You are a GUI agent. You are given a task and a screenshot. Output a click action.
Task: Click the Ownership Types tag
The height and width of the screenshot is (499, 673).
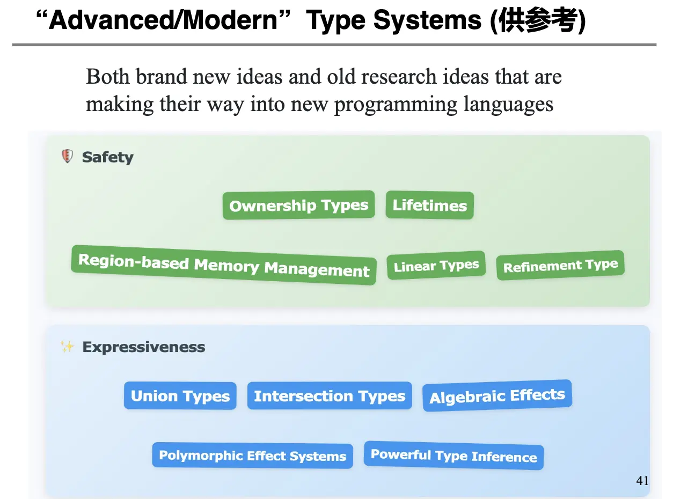click(298, 205)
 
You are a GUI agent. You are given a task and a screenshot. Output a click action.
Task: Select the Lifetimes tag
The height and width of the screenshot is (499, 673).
click(430, 205)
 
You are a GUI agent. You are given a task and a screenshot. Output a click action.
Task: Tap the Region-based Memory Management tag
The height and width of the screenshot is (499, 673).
click(224, 265)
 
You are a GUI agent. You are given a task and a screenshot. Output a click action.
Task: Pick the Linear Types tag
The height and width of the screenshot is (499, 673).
click(436, 265)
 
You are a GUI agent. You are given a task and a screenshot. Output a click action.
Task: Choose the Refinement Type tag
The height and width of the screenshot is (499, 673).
click(560, 265)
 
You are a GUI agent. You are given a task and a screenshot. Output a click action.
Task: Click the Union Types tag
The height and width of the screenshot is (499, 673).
click(180, 395)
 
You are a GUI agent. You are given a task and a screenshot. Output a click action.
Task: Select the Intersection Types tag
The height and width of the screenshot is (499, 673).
click(330, 395)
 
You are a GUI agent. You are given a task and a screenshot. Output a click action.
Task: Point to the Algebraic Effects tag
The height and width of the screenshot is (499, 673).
click(498, 395)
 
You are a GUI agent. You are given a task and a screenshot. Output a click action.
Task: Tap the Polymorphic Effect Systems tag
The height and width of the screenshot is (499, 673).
click(252, 456)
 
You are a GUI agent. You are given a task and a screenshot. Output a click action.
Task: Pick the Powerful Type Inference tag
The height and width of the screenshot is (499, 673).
click(454, 456)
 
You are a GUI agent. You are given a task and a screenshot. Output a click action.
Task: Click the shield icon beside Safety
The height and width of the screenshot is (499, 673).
click(68, 156)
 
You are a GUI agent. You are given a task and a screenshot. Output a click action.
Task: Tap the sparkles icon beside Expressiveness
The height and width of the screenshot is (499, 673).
click(67, 347)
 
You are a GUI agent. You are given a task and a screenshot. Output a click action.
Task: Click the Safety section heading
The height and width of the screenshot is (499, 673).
click(108, 157)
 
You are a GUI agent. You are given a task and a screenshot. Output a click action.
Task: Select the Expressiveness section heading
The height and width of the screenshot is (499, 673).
click(143, 347)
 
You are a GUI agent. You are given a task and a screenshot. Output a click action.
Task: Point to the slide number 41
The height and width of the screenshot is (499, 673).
click(642, 481)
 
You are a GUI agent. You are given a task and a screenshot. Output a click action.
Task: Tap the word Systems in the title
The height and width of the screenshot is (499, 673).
click(427, 20)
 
